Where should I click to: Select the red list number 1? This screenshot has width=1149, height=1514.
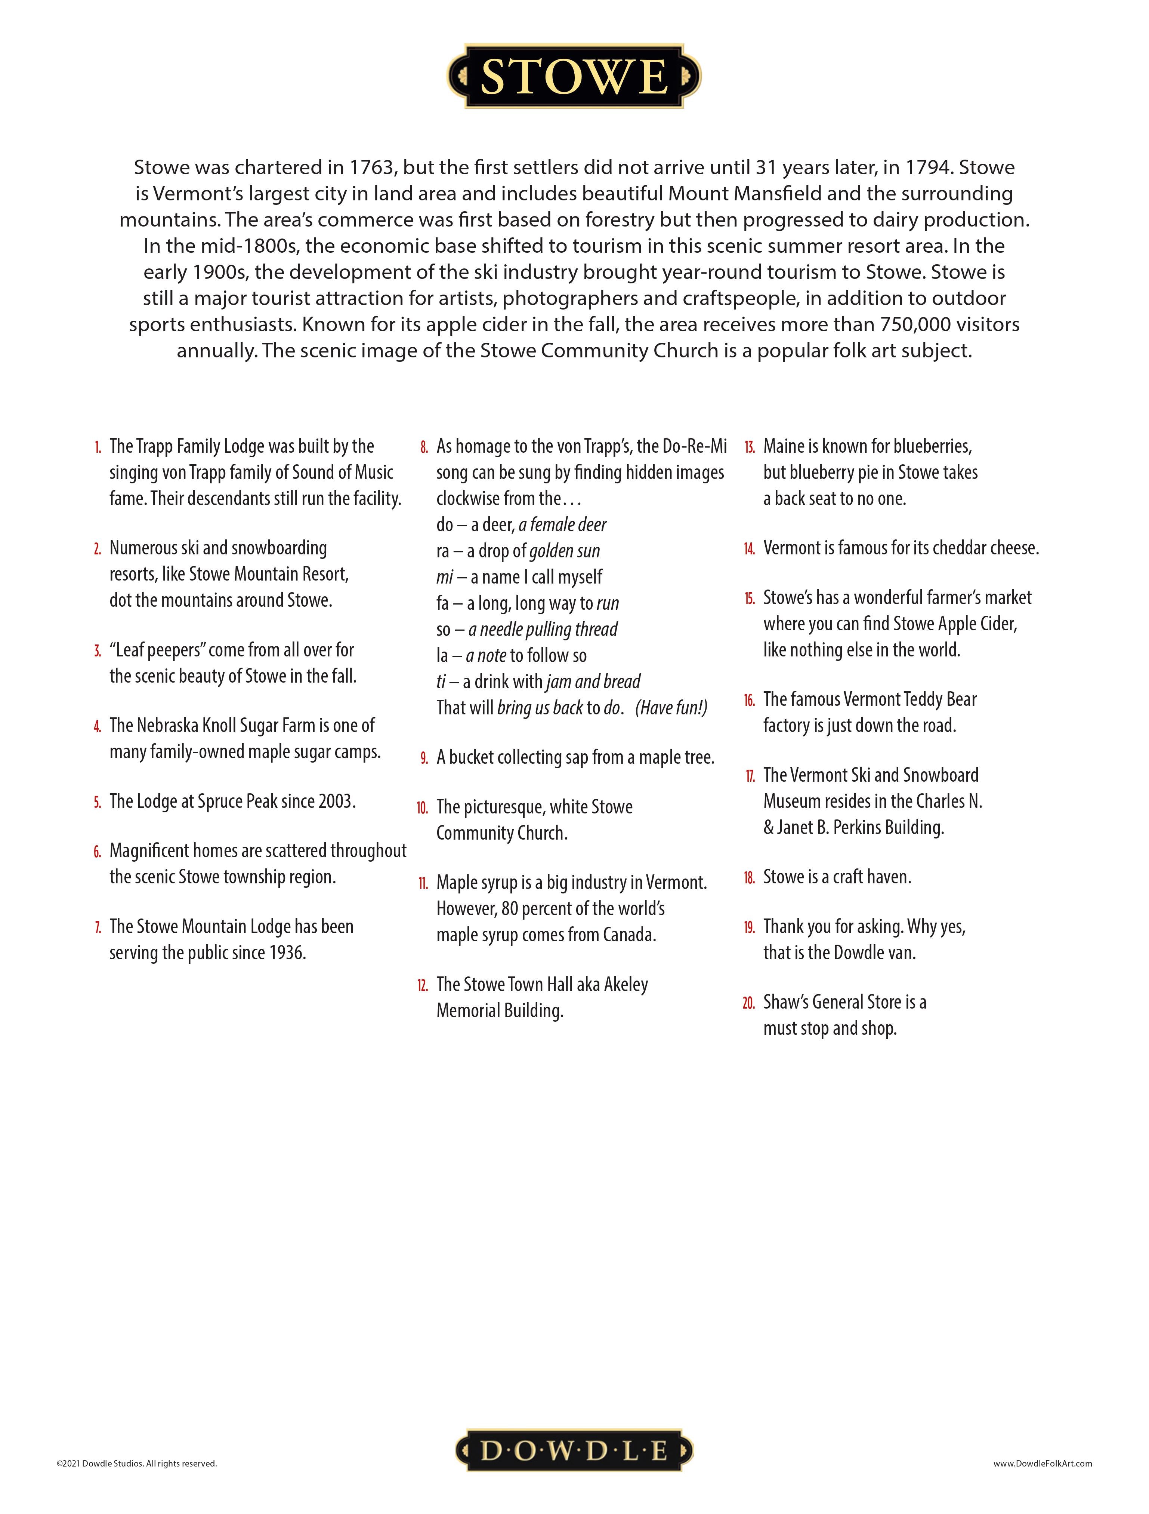point(98,447)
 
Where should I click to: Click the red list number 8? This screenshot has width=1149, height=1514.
point(424,447)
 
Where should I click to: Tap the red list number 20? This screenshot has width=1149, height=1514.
point(749,1003)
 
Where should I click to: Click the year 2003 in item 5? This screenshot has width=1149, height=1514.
point(335,801)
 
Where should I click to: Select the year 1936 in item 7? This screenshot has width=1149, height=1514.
point(285,953)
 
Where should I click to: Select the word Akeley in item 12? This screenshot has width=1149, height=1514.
point(626,985)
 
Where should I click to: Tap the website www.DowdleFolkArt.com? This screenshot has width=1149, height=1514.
point(1042,1464)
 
